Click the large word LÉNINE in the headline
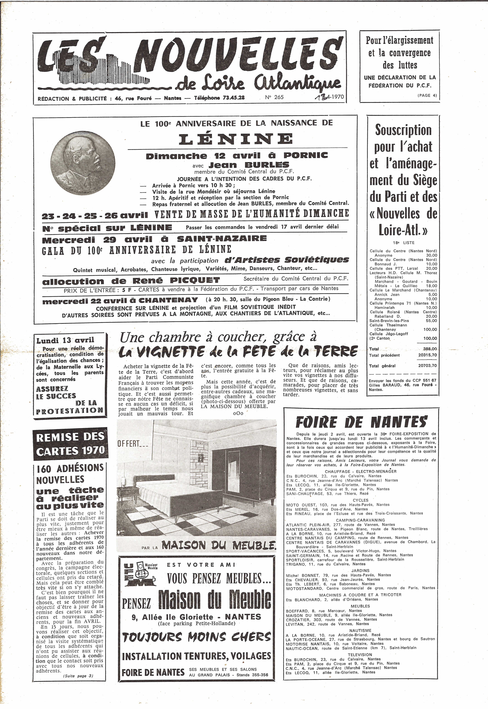(x=235, y=139)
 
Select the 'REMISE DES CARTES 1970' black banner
(x=70, y=444)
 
